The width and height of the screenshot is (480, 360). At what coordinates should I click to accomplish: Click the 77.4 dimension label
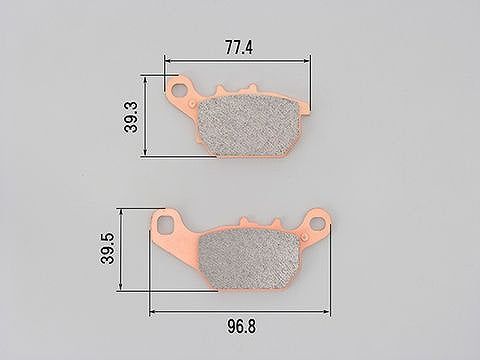tap(239, 48)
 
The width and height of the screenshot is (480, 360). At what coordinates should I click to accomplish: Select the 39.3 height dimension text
tap(131, 117)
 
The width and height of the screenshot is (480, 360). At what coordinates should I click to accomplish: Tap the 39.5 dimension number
tap(107, 249)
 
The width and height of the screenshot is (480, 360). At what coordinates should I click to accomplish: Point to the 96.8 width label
tap(242, 326)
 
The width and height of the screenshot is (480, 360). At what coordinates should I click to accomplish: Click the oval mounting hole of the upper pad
tap(180, 90)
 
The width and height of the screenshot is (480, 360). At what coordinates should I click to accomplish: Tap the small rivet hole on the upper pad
tap(192, 103)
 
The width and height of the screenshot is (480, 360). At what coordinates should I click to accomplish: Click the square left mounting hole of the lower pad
tap(165, 223)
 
